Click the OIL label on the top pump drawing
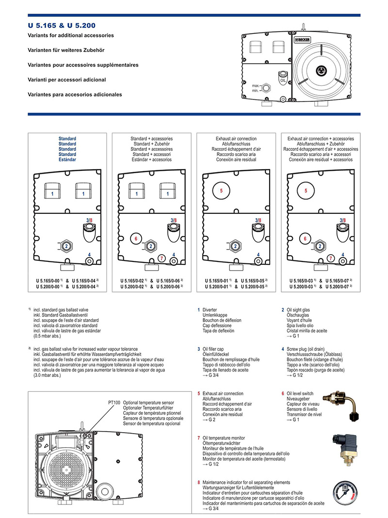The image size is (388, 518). [x=283, y=81]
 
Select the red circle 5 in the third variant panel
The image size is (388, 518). [x=221, y=191]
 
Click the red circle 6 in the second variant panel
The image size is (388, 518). [x=136, y=239]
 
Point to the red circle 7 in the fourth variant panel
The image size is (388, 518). [x=330, y=259]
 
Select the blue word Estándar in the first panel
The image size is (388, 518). [x=67, y=160]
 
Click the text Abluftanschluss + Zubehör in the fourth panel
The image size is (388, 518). [x=320, y=144]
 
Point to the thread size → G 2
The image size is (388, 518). [x=209, y=420]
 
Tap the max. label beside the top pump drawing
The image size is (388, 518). [x=257, y=85]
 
